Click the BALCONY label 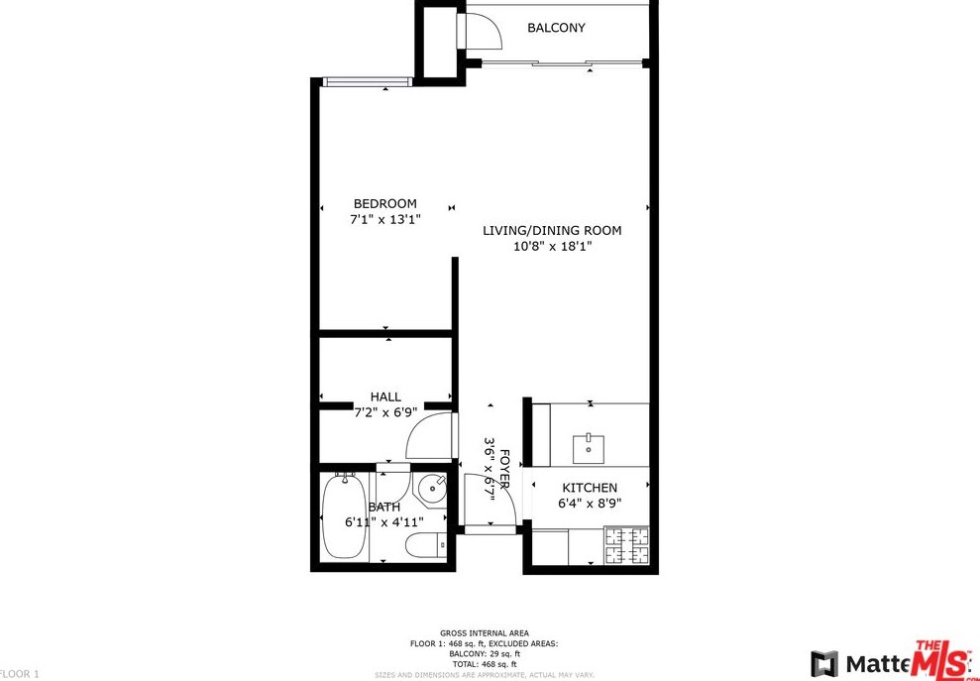point(555,28)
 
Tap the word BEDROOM point(385,204)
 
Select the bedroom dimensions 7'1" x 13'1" point(385,220)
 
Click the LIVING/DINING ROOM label point(552,231)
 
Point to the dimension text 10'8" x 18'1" point(552,247)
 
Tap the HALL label point(385,397)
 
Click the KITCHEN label point(590,488)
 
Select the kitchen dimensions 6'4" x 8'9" point(590,504)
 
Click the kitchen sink point(589,448)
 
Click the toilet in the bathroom point(427,546)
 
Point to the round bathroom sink point(432,489)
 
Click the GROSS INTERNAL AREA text point(485,632)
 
